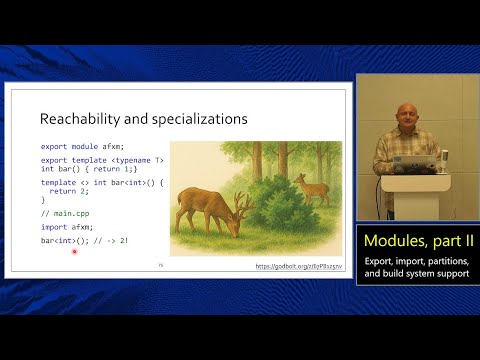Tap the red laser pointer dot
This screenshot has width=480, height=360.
tap(74, 252)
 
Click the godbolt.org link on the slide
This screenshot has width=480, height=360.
tap(300, 267)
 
